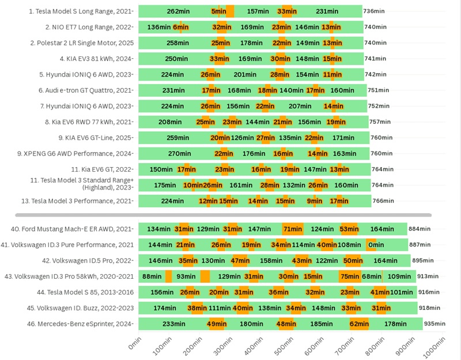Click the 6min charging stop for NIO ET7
[180, 27]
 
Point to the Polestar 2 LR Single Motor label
[89, 43]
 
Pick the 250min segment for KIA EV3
[176, 59]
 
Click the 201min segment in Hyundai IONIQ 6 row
[245, 74]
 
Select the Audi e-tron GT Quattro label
[86, 90]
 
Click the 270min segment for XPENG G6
[180, 153]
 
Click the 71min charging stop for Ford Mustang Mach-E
[293, 229]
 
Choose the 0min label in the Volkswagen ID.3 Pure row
[376, 245]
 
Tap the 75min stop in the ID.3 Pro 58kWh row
[350, 276]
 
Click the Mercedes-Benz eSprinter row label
[80, 324]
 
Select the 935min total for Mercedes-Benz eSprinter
[434, 324]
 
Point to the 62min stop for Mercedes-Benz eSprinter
[359, 324]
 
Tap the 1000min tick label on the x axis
[433, 346]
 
